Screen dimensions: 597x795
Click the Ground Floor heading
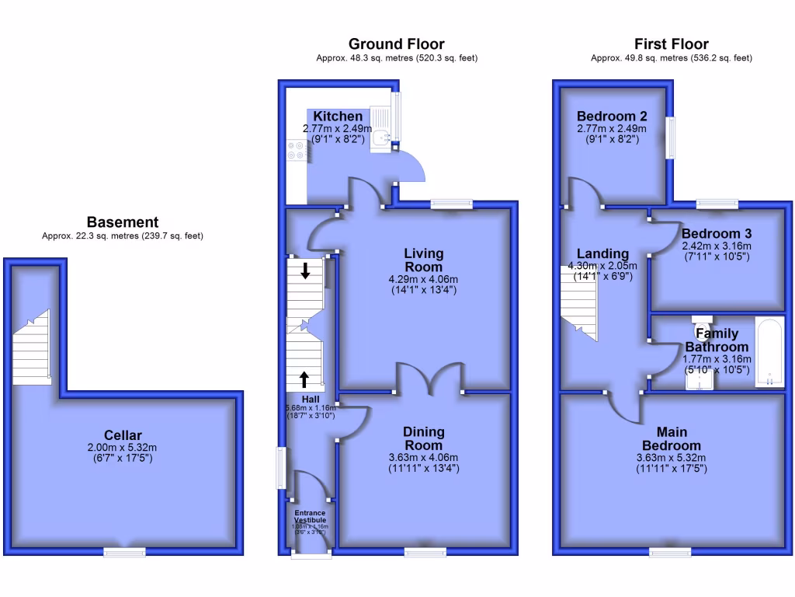pos(396,44)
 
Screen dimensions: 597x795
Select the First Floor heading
pos(671,44)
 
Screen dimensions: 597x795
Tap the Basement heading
pos(123,222)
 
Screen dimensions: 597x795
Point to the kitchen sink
pos(380,138)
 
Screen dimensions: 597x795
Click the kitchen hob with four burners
pos(297,150)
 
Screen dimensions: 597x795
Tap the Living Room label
pos(423,260)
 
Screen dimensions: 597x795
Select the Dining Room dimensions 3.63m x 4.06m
pos(423,457)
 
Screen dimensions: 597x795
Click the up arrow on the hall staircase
pos(304,379)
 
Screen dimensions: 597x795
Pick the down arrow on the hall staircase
pos(305,271)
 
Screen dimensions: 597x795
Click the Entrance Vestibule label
pos(310,516)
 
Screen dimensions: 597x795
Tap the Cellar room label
pos(123,435)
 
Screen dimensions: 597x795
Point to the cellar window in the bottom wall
pos(125,552)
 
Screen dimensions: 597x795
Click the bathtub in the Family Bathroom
pos(769,352)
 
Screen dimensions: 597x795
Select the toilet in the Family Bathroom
pos(703,324)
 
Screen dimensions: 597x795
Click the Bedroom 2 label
pos(612,116)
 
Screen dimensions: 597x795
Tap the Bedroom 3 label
pos(716,234)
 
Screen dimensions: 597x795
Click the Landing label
pos(602,254)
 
